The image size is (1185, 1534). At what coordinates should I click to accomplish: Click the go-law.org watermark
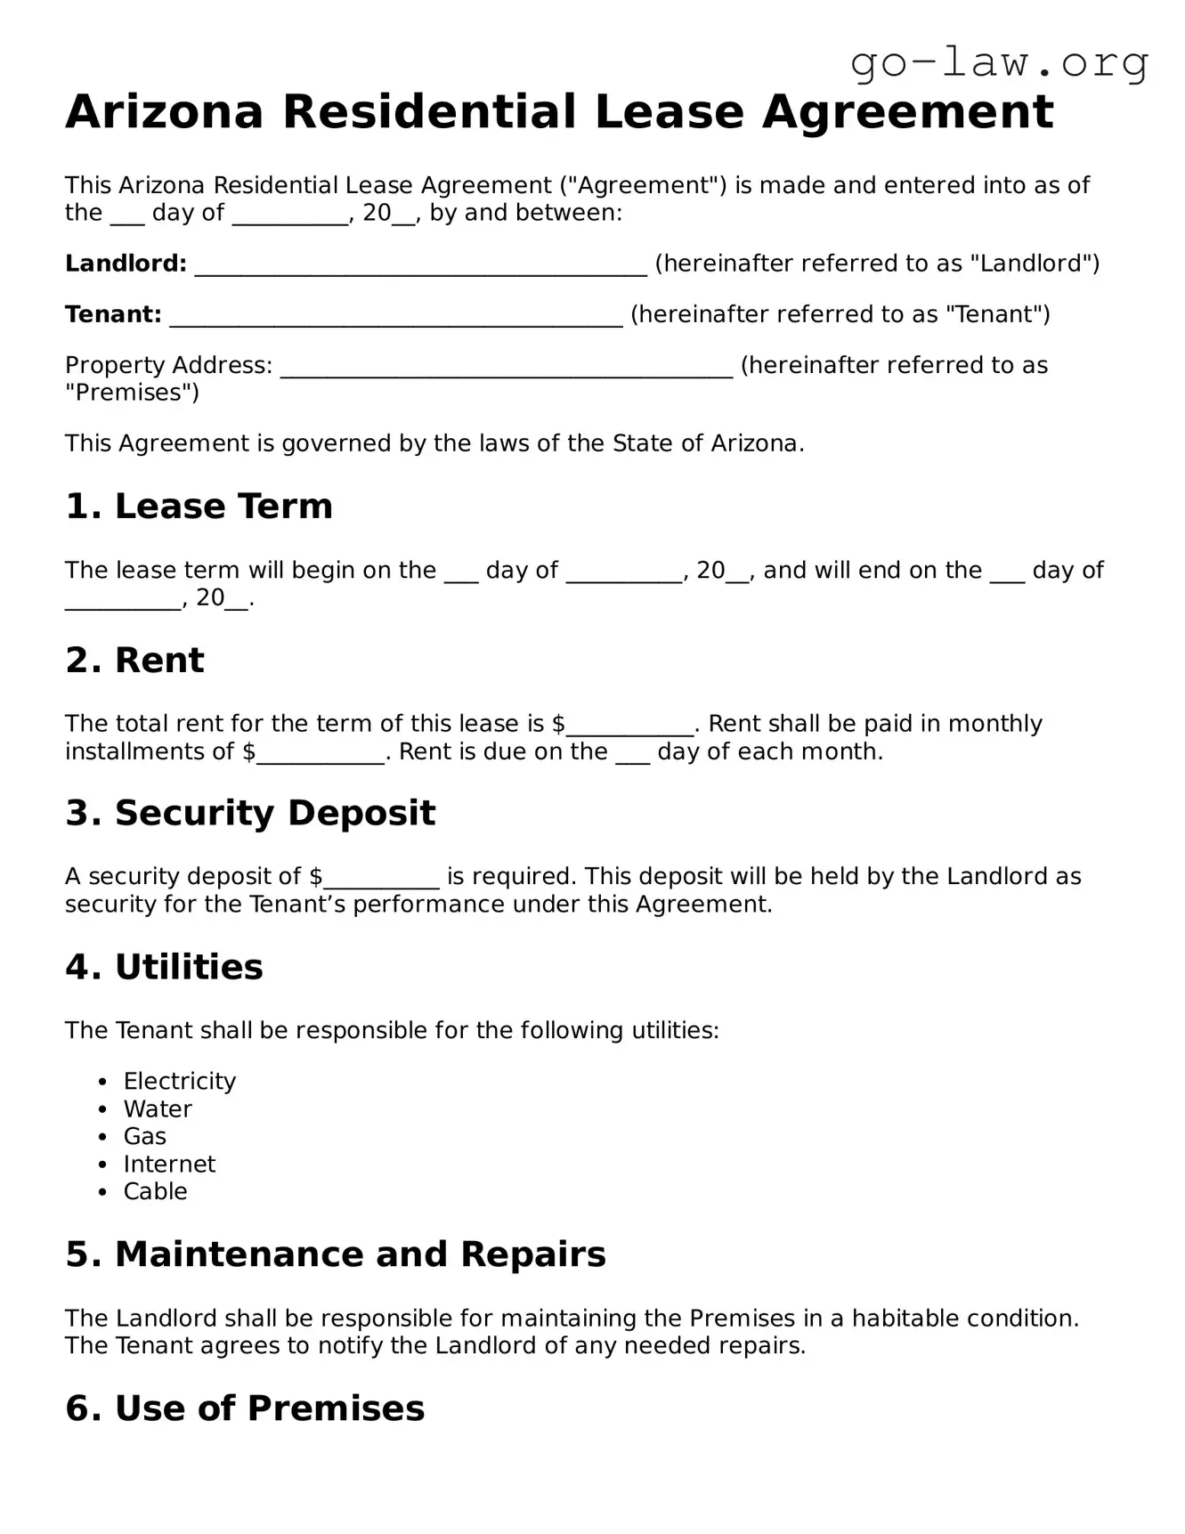pos(999,63)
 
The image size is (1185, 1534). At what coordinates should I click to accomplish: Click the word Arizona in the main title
pos(165,112)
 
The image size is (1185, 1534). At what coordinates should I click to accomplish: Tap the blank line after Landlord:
pos(420,265)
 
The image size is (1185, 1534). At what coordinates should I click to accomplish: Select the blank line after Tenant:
pos(395,316)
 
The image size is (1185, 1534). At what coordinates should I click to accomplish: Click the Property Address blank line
pos(507,367)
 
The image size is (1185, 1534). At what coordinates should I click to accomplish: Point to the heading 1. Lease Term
pos(199,507)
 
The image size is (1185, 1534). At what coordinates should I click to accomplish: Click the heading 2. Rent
pos(134,661)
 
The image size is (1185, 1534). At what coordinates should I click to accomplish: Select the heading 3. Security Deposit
pos(250,814)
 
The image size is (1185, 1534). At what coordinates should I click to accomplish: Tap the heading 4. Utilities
pos(164,968)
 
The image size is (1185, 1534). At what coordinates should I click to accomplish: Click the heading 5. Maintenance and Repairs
pos(335,1255)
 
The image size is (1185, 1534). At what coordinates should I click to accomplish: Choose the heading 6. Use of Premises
pos(245,1408)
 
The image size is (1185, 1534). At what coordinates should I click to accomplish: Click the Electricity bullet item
pos(179,1082)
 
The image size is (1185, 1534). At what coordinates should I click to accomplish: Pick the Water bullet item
pos(158,1109)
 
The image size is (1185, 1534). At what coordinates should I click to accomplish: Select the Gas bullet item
pos(145,1137)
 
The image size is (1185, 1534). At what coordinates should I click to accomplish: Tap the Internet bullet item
pos(169,1165)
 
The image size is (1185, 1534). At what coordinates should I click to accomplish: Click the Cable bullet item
pos(155,1192)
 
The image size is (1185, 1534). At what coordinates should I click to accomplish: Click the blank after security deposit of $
pos(381,879)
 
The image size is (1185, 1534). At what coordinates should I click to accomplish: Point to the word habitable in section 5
pos(900,1319)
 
